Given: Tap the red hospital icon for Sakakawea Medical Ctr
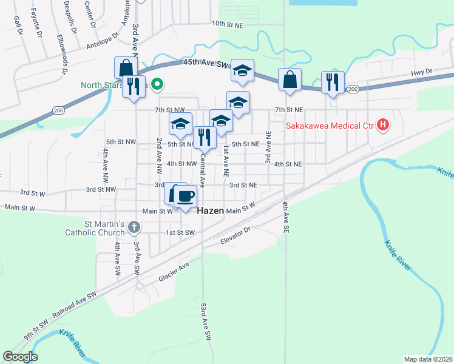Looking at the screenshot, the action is pos(383,126).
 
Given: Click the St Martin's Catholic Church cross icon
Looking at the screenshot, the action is pos(134,227).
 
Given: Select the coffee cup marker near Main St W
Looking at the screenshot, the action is pos(186,195).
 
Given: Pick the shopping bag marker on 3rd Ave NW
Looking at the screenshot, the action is pos(126,68).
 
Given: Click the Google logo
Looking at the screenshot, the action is pos(20,357).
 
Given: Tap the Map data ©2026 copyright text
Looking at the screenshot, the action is pos(428,359).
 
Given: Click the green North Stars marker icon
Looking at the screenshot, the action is pos(157,84).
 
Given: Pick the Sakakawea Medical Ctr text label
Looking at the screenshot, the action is pos(330,127).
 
